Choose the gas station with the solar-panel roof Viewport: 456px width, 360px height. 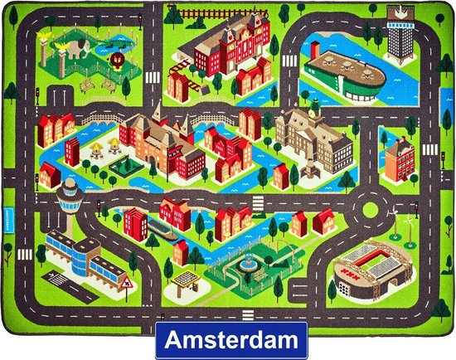(186, 282)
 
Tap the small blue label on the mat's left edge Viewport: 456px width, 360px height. (29, 224)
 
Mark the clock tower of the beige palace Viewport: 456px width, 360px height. (313, 111)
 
